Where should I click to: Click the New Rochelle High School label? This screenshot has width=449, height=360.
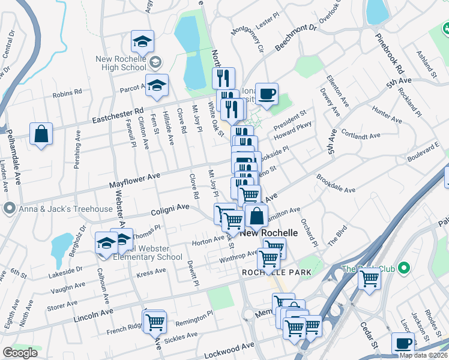point(121,63)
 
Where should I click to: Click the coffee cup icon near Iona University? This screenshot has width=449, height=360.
point(267,94)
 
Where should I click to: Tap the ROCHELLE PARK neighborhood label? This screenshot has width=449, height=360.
point(276,272)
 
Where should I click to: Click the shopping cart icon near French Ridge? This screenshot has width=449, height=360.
point(155,322)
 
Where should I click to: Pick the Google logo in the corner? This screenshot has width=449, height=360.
point(20,353)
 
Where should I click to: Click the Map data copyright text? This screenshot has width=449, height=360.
point(423,355)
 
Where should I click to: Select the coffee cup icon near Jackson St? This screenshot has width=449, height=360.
point(403,344)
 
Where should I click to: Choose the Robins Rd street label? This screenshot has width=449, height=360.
point(67,94)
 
